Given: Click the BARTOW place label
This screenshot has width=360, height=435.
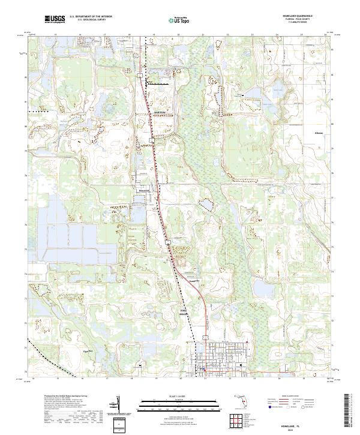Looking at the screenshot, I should pos(158,112).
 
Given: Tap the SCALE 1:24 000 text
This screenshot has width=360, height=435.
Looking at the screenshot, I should pos(180,397).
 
